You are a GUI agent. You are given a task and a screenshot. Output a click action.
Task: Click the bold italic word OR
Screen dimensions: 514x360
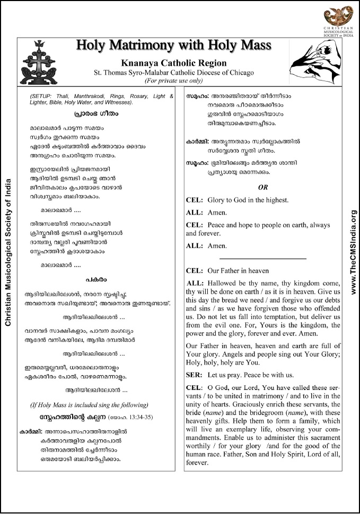click(x=263, y=187)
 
